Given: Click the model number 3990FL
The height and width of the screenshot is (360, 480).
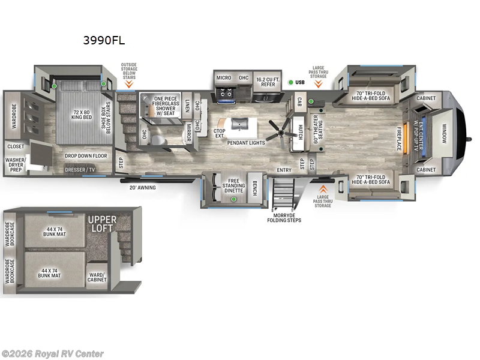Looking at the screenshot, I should pyautogui.click(x=104, y=41).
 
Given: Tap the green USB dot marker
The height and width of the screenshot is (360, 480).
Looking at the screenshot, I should pyautogui.click(x=290, y=82).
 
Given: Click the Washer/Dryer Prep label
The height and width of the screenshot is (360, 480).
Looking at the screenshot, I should pyautogui.click(x=16, y=165).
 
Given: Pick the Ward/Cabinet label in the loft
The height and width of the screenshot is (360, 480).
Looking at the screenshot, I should pyautogui.click(x=97, y=276).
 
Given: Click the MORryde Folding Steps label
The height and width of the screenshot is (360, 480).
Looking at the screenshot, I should pyautogui.click(x=284, y=218).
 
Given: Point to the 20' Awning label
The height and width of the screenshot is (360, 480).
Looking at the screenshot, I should pyautogui.click(x=142, y=187).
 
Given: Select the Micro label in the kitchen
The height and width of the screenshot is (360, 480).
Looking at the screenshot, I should pyautogui.click(x=224, y=78).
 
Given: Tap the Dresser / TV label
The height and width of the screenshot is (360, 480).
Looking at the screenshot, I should pyautogui.click(x=80, y=170).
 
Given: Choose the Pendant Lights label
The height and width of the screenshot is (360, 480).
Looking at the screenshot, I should pyautogui.click(x=247, y=143).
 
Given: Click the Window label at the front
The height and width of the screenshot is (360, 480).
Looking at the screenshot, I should pyautogui.click(x=445, y=133).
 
